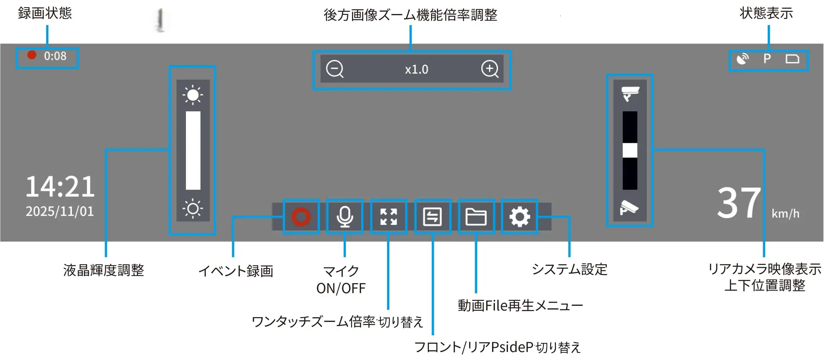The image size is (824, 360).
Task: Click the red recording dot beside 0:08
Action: pyautogui.click(x=32, y=55)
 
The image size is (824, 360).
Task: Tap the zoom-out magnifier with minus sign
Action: pyautogui.click(x=335, y=69)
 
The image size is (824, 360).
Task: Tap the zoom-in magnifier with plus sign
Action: pyautogui.click(x=490, y=69)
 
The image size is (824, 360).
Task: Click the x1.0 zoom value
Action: pyautogui.click(x=417, y=69)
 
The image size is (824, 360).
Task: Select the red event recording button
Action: pyautogui.click(x=301, y=217)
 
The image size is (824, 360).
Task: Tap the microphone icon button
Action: pyautogui.click(x=345, y=217)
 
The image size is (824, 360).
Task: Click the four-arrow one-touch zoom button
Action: pyautogui.click(x=389, y=217)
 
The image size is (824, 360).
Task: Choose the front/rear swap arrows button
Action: pyautogui.click(x=433, y=217)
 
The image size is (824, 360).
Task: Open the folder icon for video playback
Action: pyautogui.click(x=476, y=217)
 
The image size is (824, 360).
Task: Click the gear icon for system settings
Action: pyautogui.click(x=520, y=217)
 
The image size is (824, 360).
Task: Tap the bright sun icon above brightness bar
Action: pyautogui.click(x=193, y=95)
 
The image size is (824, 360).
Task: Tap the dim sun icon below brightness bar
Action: pyautogui.click(x=193, y=208)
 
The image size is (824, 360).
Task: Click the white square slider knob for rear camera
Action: pyautogui.click(x=630, y=150)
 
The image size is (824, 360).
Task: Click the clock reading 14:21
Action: pyautogui.click(x=60, y=187)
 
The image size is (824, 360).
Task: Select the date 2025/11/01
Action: pyautogui.click(x=60, y=211)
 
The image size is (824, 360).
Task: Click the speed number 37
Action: pyautogui.click(x=739, y=203)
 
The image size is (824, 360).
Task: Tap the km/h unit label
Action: pyautogui.click(x=786, y=213)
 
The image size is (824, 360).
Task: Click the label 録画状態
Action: pyautogui.click(x=45, y=13)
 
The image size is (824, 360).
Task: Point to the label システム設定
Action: pyautogui.click(x=570, y=269)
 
